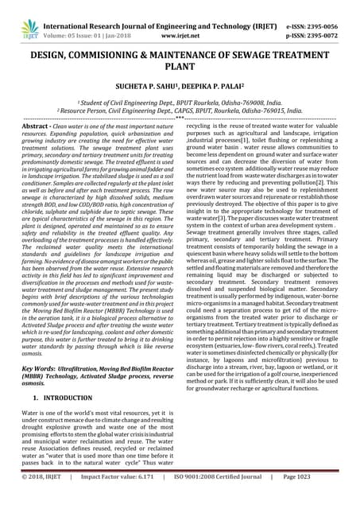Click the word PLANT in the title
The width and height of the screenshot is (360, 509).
[180, 69]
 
